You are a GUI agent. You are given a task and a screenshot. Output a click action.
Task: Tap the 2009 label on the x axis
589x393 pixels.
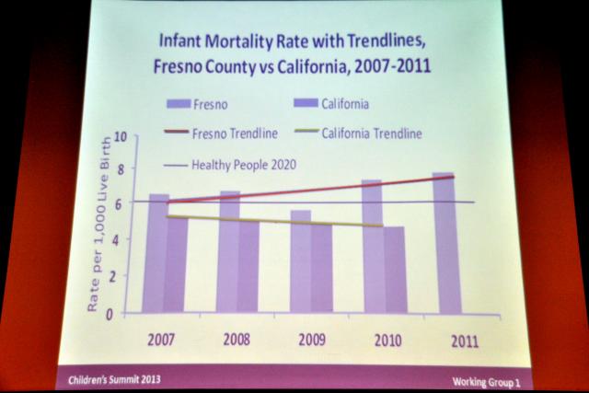312,339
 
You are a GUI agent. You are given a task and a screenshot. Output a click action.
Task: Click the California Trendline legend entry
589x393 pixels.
372,133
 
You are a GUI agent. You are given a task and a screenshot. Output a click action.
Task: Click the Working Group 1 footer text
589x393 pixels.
486,380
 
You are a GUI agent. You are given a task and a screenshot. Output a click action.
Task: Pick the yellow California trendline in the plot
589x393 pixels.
276,221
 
